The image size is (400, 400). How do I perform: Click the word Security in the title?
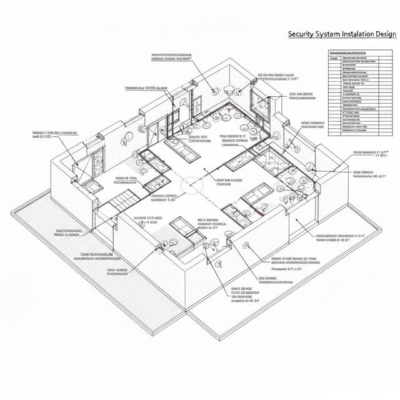(301, 34)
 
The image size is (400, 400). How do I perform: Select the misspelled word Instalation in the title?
(362, 34)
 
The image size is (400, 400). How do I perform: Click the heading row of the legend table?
(356, 54)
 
